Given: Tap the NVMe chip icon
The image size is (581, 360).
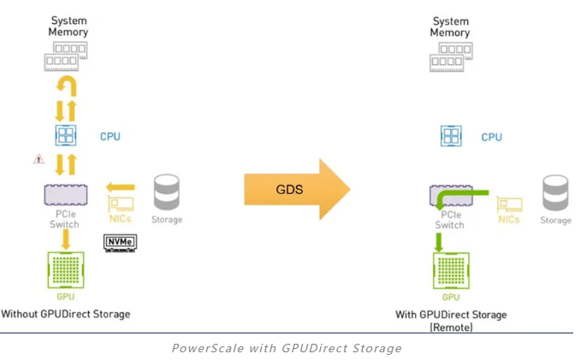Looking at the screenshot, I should pyautogui.click(x=120, y=242).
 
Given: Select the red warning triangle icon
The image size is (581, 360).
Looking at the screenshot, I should pyautogui.click(x=39, y=159).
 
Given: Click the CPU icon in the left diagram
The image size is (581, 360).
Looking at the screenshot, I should pyautogui.click(x=66, y=136).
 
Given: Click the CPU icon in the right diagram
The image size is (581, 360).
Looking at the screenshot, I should pyautogui.click(x=451, y=136).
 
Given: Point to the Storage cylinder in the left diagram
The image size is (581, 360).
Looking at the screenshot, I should pyautogui.click(x=166, y=193).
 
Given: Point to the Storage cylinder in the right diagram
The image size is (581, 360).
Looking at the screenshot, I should pyautogui.click(x=555, y=193).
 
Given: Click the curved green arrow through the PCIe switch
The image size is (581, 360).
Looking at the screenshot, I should pyautogui.click(x=454, y=202).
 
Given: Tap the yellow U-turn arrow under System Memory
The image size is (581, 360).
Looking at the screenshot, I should pyautogui.click(x=67, y=86).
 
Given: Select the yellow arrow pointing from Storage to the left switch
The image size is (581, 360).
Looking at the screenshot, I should pyautogui.click(x=121, y=187).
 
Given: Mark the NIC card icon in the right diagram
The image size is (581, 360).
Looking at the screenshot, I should pyautogui.click(x=509, y=204).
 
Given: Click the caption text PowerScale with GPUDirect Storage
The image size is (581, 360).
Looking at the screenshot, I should pyautogui.click(x=287, y=348).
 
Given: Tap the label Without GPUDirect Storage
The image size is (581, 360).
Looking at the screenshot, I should pyautogui.click(x=66, y=314).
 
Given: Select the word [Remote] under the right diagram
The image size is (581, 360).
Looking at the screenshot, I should pyautogui.click(x=451, y=327).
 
